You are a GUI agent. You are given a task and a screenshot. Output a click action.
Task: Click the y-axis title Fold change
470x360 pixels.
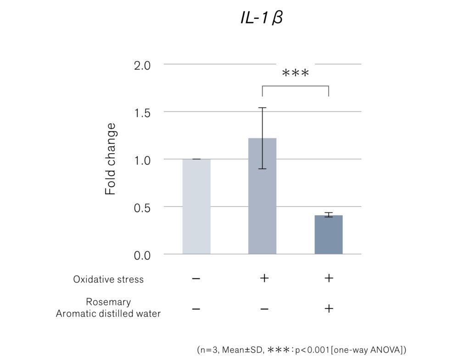tap(111, 159)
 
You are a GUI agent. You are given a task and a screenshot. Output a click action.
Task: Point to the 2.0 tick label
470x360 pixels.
tap(142, 66)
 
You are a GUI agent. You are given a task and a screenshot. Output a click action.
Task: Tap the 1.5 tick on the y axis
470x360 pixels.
tap(142, 113)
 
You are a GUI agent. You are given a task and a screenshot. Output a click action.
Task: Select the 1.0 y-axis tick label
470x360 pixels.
tap(142, 161)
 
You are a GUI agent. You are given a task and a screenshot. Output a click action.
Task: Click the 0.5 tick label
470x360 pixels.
tap(142, 208)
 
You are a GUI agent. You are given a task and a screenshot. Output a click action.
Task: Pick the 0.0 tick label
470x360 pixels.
tap(142, 255)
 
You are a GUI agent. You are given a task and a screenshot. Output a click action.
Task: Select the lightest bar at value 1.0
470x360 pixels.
tap(196, 206)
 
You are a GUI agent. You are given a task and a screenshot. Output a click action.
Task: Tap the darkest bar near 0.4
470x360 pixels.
tap(329, 235)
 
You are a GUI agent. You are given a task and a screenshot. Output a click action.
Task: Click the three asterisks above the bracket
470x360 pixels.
tap(296, 73)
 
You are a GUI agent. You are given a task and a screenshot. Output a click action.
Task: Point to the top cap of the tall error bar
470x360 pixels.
tap(262, 108)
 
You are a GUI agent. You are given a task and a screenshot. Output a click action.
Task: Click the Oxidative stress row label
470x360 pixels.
tap(108, 279)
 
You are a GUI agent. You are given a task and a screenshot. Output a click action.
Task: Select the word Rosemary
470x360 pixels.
tap(108, 302)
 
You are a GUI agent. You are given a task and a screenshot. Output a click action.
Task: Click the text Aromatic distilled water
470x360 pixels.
tap(108, 314)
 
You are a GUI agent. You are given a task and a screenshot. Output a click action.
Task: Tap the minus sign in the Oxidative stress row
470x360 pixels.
tap(196, 279)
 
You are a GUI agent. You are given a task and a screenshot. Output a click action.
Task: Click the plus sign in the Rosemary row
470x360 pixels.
tap(329, 309)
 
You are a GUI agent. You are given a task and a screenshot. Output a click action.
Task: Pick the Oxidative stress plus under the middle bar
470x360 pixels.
tap(264, 278)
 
